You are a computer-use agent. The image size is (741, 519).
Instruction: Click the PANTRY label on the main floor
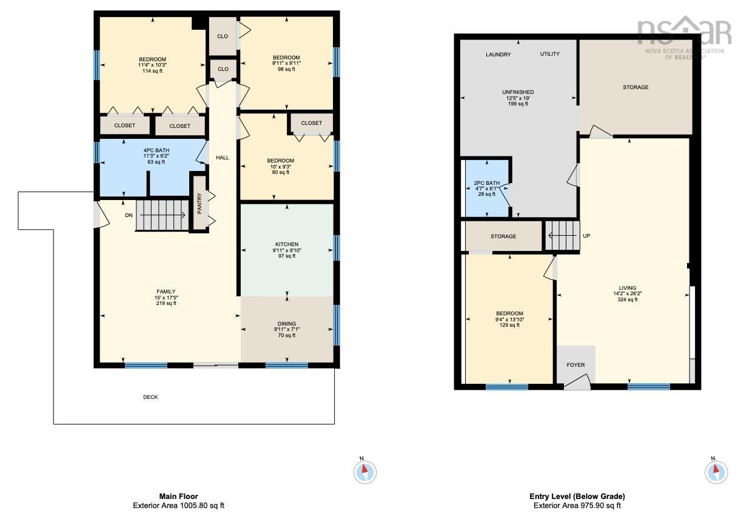pos(199,203)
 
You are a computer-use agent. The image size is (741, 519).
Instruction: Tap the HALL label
pos(223,158)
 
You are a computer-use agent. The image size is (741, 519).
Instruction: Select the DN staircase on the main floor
pos(162,215)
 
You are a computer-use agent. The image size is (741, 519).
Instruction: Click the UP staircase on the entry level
pos(562,235)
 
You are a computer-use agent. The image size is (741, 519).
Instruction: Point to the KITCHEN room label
pos(287,244)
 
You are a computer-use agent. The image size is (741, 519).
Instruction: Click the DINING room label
pos(287,324)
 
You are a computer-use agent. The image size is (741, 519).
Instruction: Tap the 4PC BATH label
pos(156,150)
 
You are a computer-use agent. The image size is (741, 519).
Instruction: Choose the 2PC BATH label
pos(486,183)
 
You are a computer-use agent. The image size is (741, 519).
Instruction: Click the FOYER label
pos(575,365)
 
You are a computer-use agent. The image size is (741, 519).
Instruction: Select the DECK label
pos(150,397)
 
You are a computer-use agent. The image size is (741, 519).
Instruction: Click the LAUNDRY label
pos(498,54)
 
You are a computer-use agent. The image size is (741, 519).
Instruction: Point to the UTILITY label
pos(550,53)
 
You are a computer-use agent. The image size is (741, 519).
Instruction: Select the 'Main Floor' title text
pos(179,496)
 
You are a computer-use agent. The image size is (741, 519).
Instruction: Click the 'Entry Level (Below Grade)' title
pos(577,496)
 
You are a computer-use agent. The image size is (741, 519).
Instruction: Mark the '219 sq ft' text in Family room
pos(166,303)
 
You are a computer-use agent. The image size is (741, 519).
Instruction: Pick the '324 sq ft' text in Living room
pos(627,300)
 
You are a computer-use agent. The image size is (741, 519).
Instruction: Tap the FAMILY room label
pos(166,292)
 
